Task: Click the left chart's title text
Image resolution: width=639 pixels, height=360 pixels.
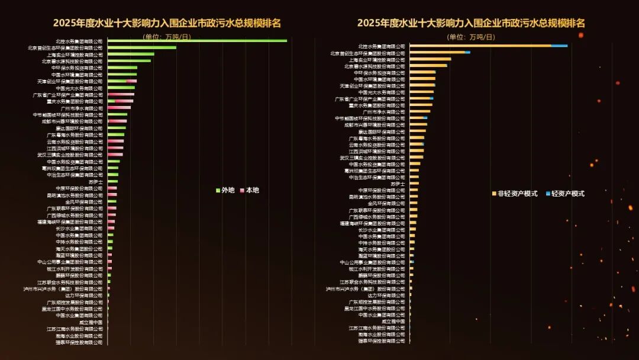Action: (167, 24)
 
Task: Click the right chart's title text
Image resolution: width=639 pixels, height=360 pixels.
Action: (470, 24)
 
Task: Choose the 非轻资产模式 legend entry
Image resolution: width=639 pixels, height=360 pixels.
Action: (514, 194)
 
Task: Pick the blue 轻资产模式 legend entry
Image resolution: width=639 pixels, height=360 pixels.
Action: (564, 194)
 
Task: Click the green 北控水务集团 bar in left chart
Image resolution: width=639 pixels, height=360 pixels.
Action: (197, 41)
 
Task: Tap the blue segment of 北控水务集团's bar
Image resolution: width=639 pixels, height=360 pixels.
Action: (559, 46)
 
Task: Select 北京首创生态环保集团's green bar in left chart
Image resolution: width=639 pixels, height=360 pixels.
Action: (142, 47)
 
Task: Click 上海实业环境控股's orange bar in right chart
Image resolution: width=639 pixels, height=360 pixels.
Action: (430, 59)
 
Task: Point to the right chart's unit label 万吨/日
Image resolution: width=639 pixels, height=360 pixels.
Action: (470, 37)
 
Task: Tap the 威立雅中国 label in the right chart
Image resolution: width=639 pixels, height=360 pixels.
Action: (393, 321)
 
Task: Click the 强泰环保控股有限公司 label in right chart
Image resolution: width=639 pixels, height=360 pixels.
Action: (382, 340)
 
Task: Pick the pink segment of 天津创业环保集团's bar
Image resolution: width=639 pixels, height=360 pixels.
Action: (132, 81)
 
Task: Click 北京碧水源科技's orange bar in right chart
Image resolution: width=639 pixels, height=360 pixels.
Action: (428, 66)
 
